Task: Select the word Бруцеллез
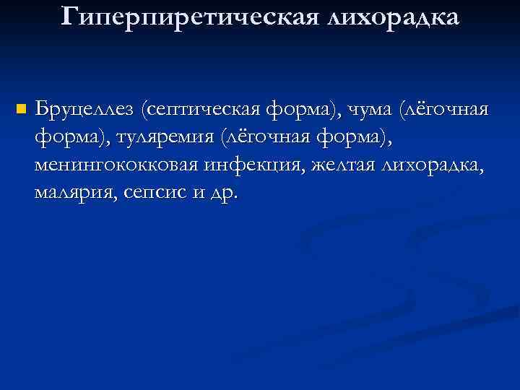(86, 110)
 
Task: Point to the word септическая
(204, 110)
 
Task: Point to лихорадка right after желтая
(437, 165)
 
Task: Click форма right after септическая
(302, 110)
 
